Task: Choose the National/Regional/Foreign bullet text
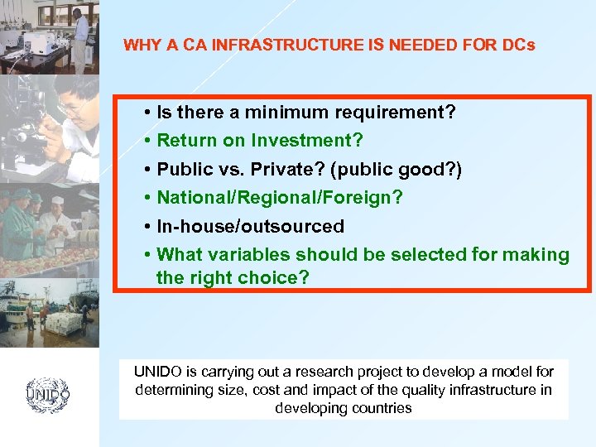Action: click(280, 198)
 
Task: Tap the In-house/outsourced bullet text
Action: click(250, 226)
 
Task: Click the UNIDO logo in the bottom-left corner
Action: click(48, 394)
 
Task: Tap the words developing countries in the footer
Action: click(344, 408)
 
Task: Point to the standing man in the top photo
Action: click(79, 33)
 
